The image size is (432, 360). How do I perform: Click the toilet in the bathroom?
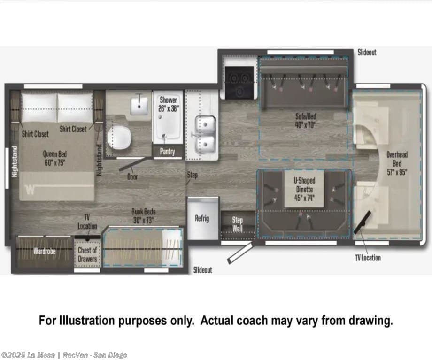click(x=119, y=137)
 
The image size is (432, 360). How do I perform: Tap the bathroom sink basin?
click(x=139, y=105)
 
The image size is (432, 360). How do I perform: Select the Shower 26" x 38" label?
click(x=168, y=104)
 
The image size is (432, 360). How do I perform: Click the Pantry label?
click(x=167, y=151)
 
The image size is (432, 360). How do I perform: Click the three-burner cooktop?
click(x=239, y=82)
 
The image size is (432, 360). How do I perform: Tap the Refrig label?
click(x=202, y=218)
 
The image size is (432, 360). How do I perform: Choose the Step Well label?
click(x=237, y=224)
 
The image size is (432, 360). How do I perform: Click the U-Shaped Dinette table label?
click(x=304, y=189)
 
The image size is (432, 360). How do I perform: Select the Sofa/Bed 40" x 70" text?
click(x=306, y=120)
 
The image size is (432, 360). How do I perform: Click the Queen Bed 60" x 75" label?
click(x=55, y=158)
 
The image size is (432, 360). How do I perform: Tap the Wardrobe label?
click(x=45, y=251)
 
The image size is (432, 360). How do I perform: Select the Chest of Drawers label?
click(x=87, y=254)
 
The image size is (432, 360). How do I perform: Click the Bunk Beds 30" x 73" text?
click(x=143, y=216)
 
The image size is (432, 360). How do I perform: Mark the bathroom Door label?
click(x=132, y=176)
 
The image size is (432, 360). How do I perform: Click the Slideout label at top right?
click(x=367, y=52)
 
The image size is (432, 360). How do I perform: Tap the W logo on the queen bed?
click(x=30, y=190)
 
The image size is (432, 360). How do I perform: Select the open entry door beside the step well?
click(x=239, y=253)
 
